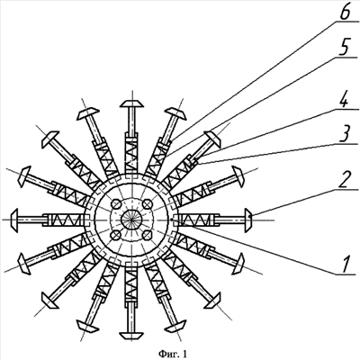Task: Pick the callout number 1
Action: [346, 265]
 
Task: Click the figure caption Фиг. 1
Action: [173, 355]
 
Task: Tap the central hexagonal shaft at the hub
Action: [131, 220]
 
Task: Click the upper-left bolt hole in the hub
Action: [116, 204]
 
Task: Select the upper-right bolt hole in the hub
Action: [147, 204]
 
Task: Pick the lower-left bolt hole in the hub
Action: [116, 236]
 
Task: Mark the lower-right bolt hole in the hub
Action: [147, 236]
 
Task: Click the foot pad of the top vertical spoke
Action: [131, 103]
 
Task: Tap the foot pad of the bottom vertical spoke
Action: [131, 336]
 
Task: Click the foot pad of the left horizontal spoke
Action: [15, 220]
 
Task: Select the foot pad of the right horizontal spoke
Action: [248, 220]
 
